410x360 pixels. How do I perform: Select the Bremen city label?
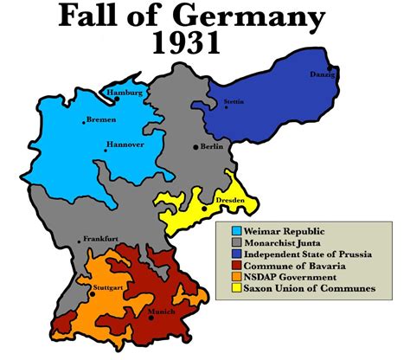tap(102, 120)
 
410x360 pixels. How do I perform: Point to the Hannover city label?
tap(125, 145)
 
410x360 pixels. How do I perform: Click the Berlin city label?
tap(213, 147)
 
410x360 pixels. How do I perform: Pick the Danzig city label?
tap(321, 74)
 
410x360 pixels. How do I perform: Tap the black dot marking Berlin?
tap(196, 147)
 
